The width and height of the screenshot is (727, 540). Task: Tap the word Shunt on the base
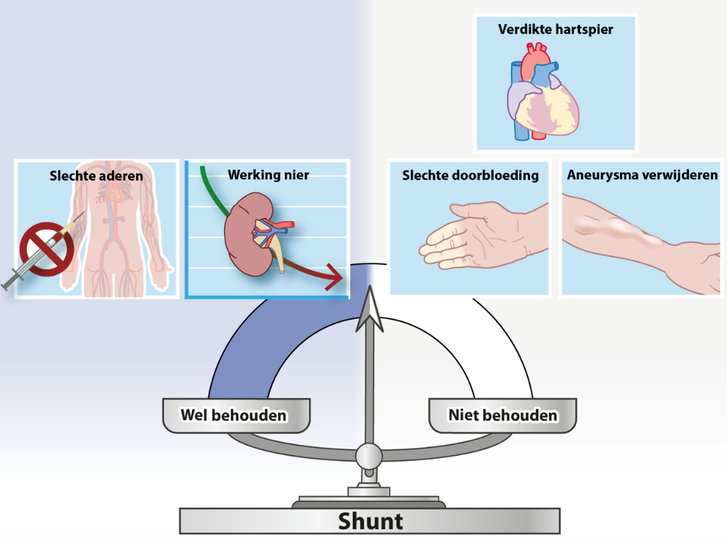pos(370,521)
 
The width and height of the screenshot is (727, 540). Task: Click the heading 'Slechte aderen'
pos(96,175)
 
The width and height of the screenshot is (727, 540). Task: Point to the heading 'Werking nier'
pos(268,175)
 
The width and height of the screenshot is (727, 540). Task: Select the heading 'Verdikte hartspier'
pos(555,29)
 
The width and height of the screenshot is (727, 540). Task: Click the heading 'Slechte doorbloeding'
pos(470,175)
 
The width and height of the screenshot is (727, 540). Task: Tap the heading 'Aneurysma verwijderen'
pos(642,175)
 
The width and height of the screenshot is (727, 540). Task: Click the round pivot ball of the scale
pos(369,456)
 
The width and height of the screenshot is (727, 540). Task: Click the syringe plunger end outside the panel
pos(10,283)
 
